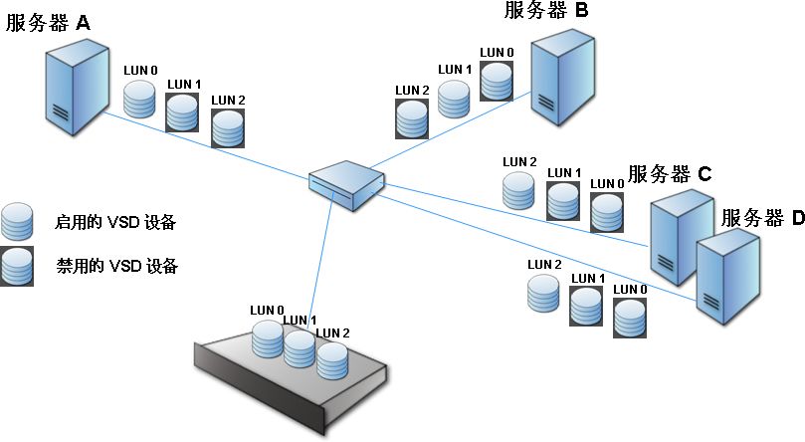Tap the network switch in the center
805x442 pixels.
click(x=346, y=184)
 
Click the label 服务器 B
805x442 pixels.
click(x=547, y=11)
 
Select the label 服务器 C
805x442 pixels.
click(x=669, y=173)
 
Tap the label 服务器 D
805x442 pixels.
click(x=761, y=218)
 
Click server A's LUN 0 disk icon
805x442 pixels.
click(x=140, y=98)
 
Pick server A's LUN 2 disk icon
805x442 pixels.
click(x=228, y=123)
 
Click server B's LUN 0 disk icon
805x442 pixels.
click(x=497, y=80)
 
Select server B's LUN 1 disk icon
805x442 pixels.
click(x=454, y=97)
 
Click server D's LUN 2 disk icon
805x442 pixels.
click(x=542, y=293)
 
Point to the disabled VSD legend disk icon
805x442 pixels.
click(x=17, y=267)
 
